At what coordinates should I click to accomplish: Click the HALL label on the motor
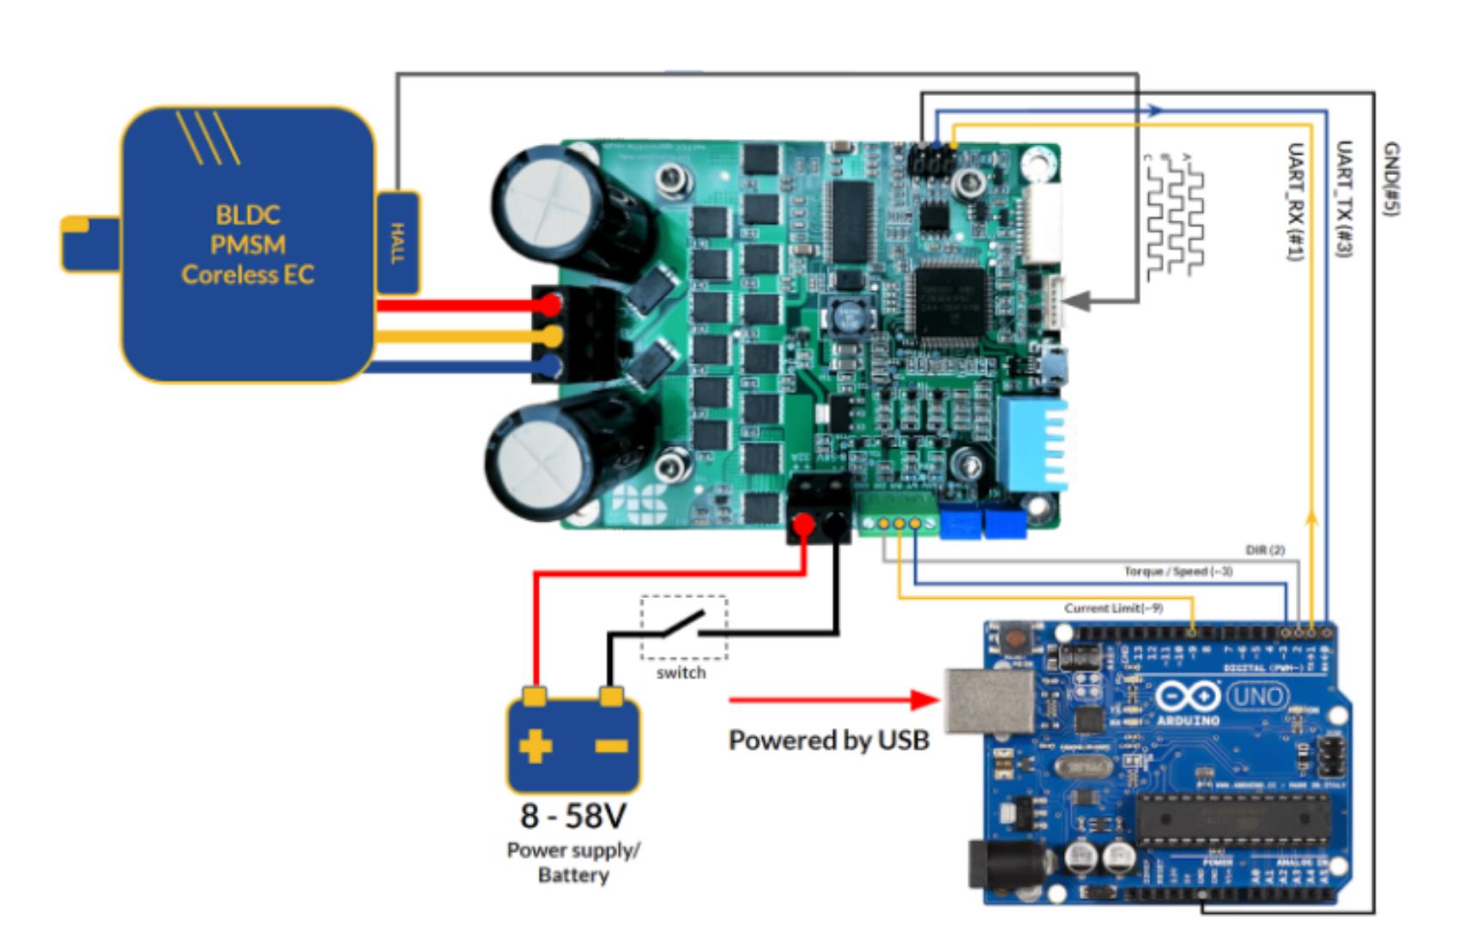(397, 244)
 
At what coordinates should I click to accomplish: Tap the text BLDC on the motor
(247, 215)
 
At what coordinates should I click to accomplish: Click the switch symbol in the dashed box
(684, 626)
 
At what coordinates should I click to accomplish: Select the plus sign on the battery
(536, 745)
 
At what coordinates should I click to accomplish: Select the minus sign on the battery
(611, 745)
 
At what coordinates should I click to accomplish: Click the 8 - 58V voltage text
(573, 815)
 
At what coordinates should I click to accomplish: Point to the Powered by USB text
(828, 740)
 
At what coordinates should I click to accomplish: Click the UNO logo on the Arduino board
(1257, 695)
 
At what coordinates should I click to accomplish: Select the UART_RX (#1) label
(1295, 202)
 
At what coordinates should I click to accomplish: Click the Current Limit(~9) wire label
(1113, 608)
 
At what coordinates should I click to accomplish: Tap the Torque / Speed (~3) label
(1177, 571)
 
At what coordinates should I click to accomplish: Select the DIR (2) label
(1264, 549)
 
